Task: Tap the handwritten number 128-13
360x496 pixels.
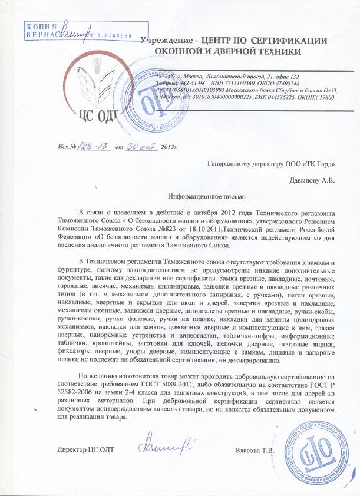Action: click(95, 146)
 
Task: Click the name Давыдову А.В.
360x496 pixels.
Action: click(312, 180)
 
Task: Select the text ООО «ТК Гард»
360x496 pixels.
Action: click(309, 165)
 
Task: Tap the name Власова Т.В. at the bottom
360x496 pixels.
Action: click(255, 451)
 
